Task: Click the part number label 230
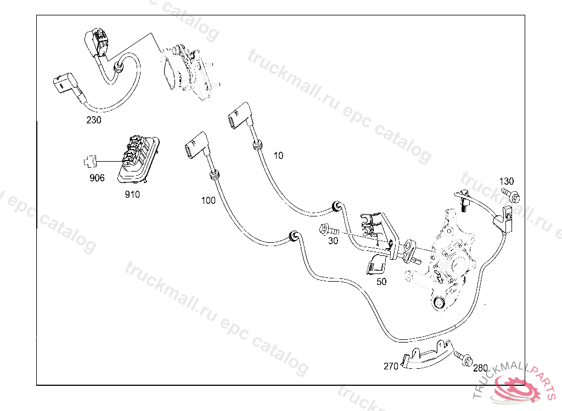point(94,121)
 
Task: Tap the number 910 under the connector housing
point(132,195)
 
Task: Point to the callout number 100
point(208,201)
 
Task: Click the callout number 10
point(278,156)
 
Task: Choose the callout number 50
point(381,282)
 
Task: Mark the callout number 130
point(507,181)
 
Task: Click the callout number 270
point(391,366)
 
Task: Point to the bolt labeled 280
point(463,358)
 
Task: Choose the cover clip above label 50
point(376,264)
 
